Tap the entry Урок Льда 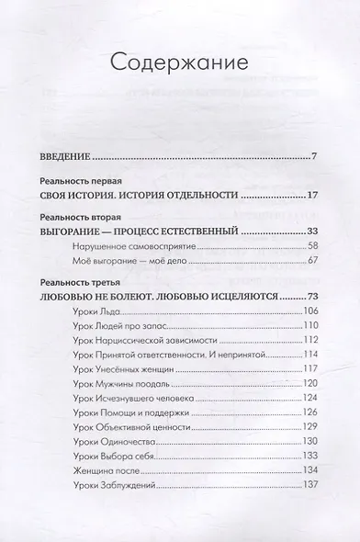coord(93,313)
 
